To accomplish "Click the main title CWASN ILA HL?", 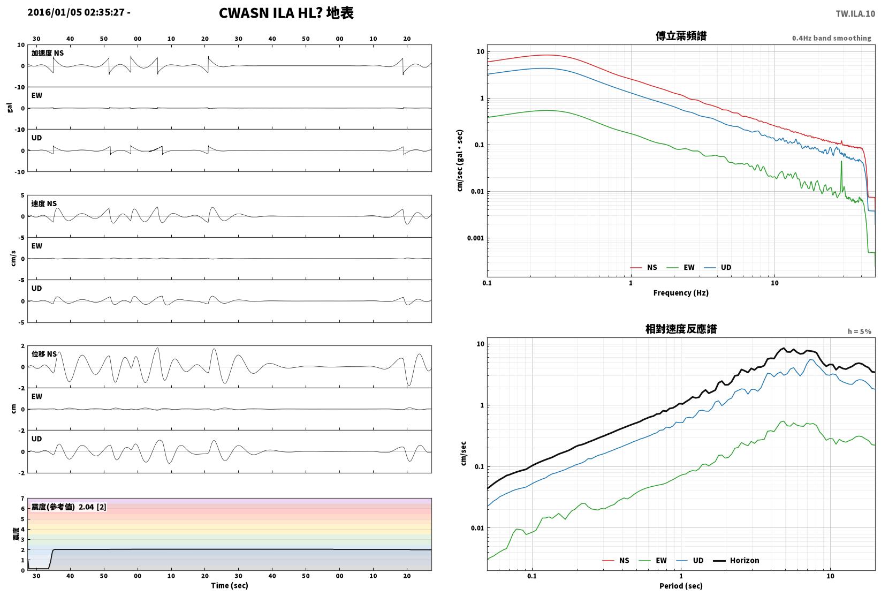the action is [271, 13].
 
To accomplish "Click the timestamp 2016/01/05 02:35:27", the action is [76, 12].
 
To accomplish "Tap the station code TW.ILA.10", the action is [855, 14].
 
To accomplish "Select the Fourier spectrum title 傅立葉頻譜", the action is [681, 36].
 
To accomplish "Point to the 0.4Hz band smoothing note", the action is [831, 38].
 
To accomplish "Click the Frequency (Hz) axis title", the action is [681, 293].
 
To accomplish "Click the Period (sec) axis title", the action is [681, 586].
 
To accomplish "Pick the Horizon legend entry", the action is [736, 560].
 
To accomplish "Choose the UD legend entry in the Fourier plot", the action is [718, 267].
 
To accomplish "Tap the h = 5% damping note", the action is [860, 331].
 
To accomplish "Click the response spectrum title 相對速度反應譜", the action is [681, 329].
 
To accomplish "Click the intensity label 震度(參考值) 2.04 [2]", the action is [69, 507].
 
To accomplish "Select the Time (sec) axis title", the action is [230, 585].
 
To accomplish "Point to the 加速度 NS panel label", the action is [47, 53].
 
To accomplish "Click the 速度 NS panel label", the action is [44, 203].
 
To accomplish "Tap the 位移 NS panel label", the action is [44, 354].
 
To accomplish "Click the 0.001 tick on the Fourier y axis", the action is [475, 238].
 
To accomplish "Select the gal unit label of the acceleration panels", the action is [10, 108].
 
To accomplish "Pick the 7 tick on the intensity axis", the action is [23, 499].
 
